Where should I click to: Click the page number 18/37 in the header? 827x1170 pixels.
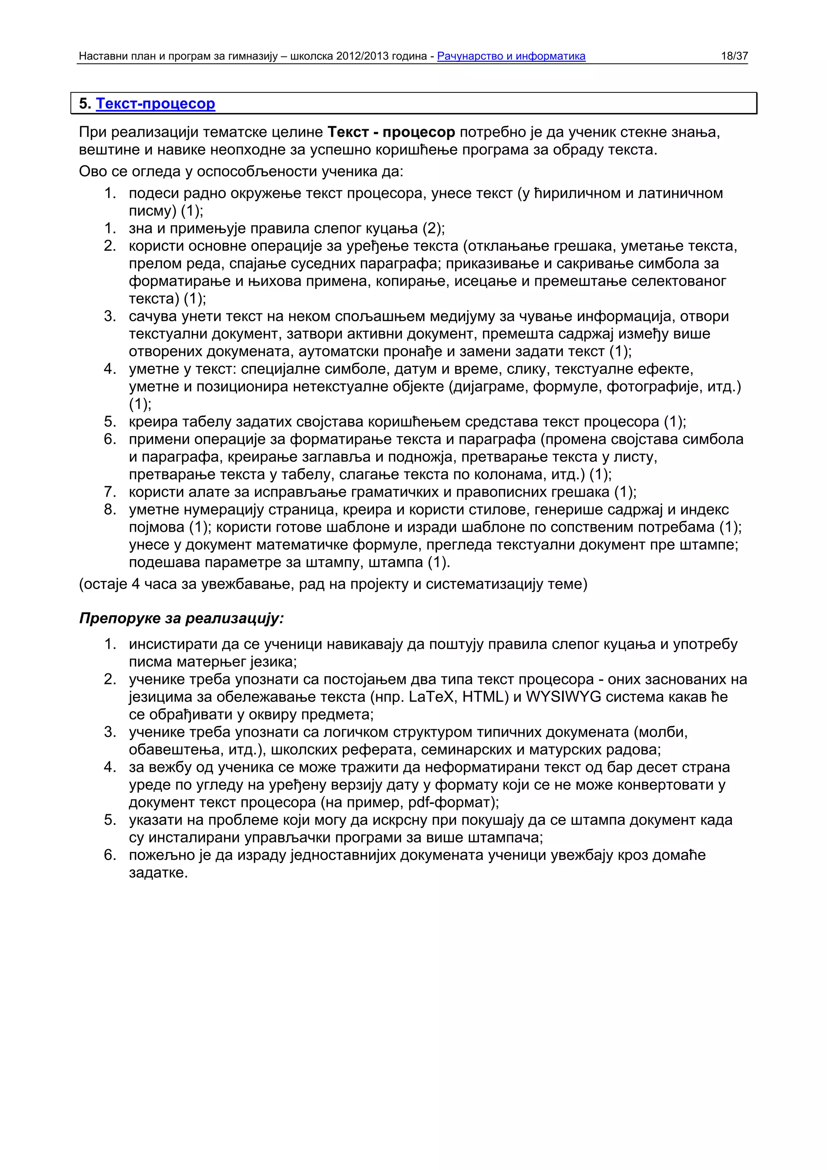(734, 56)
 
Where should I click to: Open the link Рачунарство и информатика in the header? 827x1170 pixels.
(511, 56)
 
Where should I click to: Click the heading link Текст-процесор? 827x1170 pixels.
(155, 103)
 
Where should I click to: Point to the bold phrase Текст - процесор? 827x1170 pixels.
(391, 132)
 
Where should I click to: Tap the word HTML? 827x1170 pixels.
(481, 696)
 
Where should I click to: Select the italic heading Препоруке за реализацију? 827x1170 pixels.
(181, 618)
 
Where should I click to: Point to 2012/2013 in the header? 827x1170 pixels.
(362, 56)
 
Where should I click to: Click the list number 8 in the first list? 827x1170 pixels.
(109, 509)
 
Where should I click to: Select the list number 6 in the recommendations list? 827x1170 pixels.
(109, 855)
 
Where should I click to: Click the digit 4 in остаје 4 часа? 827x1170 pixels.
(136, 583)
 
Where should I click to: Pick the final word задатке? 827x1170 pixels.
(158, 872)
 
